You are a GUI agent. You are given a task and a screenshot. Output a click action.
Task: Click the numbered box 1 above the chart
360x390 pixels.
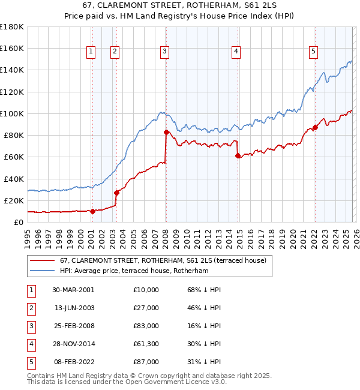(x=91, y=52)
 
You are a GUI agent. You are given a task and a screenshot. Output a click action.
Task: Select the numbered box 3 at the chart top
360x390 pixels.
(x=164, y=52)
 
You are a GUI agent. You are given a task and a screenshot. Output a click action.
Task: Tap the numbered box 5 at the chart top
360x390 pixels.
(x=313, y=52)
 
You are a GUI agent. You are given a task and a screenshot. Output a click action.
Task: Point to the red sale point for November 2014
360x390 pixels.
(x=238, y=155)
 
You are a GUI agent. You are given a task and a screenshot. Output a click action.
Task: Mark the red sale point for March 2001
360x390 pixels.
(x=92, y=211)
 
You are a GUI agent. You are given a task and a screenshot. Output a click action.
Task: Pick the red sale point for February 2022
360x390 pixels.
(x=315, y=127)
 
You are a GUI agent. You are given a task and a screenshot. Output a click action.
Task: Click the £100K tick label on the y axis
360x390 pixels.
(x=11, y=113)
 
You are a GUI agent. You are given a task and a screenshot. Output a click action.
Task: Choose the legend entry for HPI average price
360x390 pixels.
(x=133, y=271)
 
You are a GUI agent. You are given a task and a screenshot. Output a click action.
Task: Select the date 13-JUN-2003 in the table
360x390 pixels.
(x=73, y=308)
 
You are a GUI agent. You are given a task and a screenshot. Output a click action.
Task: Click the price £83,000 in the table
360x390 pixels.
(x=146, y=326)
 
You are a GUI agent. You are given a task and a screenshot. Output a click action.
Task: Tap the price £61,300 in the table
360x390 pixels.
(x=146, y=344)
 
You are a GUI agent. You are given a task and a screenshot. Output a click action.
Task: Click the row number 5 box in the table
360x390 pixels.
(x=30, y=362)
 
